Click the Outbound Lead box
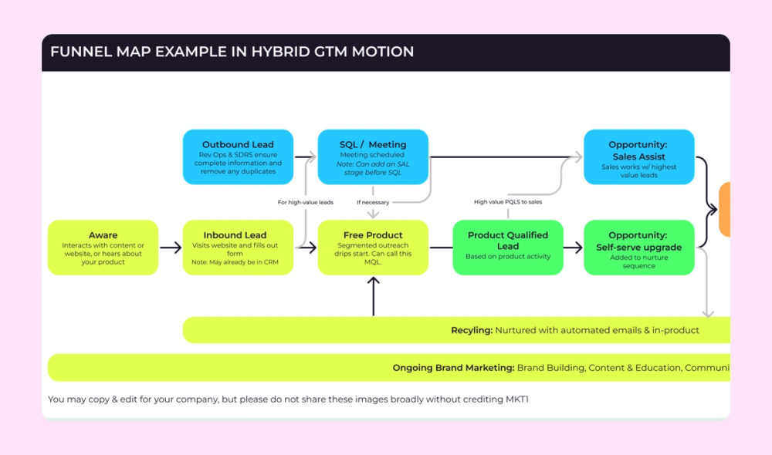[238, 157]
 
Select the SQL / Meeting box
[373, 157]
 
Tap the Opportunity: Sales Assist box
[638, 157]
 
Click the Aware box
[103, 248]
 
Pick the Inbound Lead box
[238, 248]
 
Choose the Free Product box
[373, 248]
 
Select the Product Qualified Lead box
[507, 248]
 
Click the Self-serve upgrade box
[638, 248]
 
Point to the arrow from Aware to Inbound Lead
[170, 248]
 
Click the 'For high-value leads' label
[305, 202]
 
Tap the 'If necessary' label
[372, 202]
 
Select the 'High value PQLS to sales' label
[507, 202]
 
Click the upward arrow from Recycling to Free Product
[373, 296]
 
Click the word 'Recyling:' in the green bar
[471, 330]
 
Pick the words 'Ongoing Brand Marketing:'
[453, 368]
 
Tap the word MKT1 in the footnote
[516, 399]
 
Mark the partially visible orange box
[725, 209]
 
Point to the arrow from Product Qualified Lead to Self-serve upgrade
[573, 248]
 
